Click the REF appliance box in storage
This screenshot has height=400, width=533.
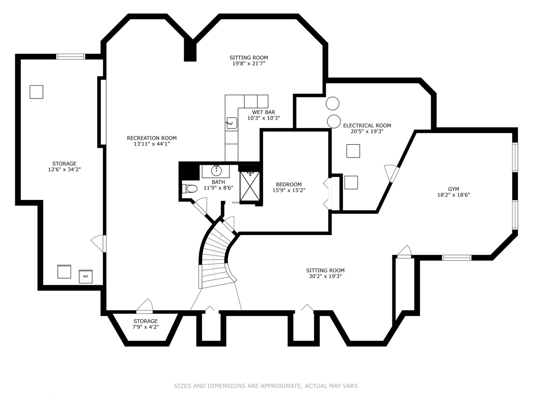[x=86, y=276]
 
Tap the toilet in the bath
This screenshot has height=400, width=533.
[x=190, y=189]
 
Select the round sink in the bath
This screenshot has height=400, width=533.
[x=216, y=171]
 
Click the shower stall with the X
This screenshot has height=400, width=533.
[x=250, y=186]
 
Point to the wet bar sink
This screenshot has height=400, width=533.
[x=231, y=123]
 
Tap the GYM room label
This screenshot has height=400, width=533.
[x=453, y=189]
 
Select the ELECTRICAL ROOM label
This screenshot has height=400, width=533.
[x=367, y=126]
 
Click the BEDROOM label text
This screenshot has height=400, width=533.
[x=289, y=184]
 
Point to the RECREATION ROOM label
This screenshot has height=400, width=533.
[x=152, y=138]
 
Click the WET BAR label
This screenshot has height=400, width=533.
[x=264, y=112]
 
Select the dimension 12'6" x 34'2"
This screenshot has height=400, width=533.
[x=64, y=170]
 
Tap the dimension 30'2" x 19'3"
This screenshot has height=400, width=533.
[x=325, y=276]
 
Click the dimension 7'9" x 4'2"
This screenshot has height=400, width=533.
[x=145, y=327]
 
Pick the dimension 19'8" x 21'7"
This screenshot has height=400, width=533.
[x=249, y=63]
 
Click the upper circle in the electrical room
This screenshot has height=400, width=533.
[x=332, y=103]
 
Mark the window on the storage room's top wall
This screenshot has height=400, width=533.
[x=71, y=57]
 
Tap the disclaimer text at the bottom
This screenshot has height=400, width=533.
[x=266, y=386]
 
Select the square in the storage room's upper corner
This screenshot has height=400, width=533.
[x=36, y=92]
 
